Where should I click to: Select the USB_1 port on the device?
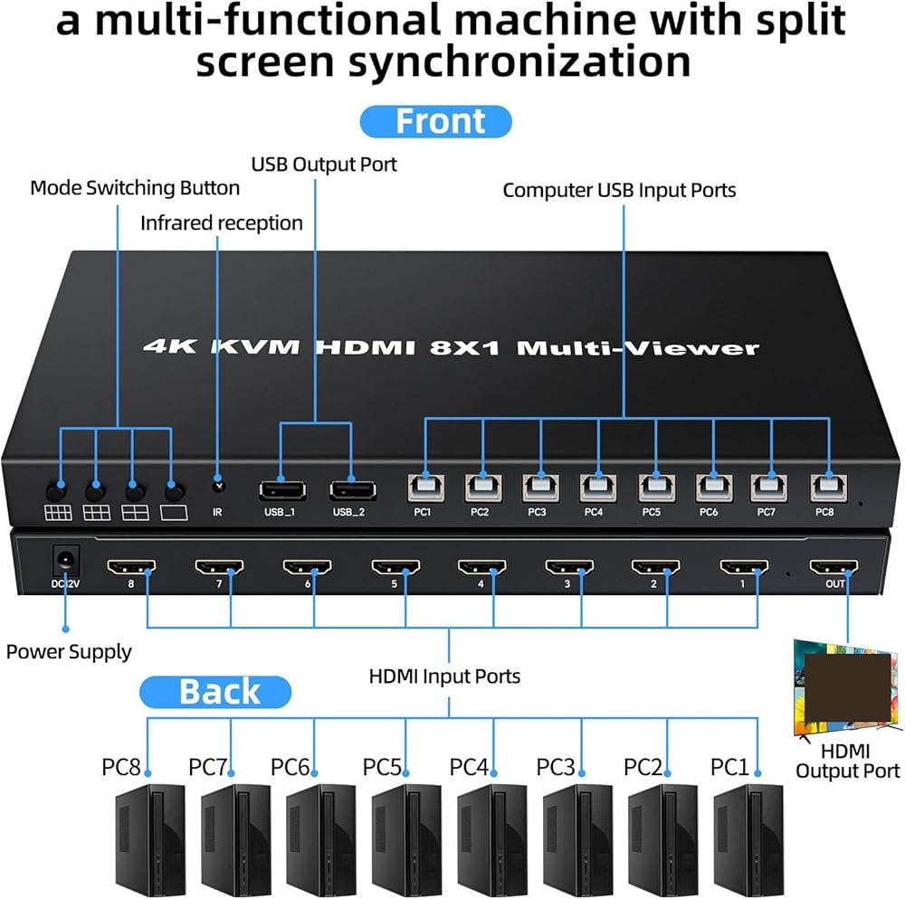coord(281,490)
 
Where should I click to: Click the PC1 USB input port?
coord(424,487)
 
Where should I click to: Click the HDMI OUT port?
coord(834,567)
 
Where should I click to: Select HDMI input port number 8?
coord(129,568)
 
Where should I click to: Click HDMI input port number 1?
coord(744,568)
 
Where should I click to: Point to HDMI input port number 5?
coord(394,568)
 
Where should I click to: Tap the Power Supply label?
coord(69,651)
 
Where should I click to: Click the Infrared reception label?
coord(222,222)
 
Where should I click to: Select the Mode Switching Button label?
coord(135,188)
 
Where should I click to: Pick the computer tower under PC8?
coord(148,838)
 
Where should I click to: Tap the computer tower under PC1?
coord(747,838)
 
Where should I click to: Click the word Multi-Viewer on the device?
coord(638,346)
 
